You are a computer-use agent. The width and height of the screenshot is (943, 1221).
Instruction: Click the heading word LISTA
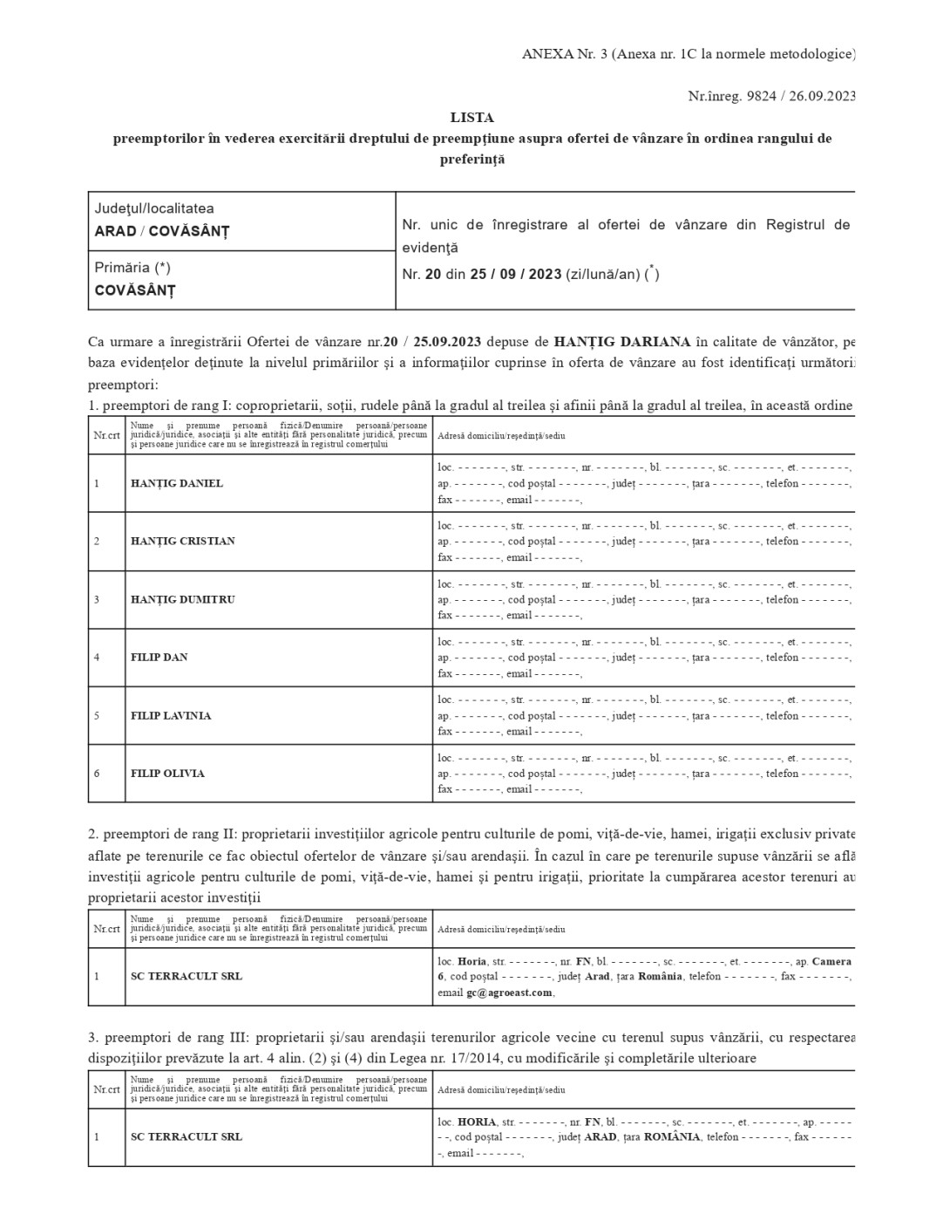click(471, 118)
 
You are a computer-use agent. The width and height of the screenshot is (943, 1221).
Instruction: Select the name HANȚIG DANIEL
click(177, 483)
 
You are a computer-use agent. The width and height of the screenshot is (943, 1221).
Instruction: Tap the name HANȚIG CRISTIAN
click(183, 541)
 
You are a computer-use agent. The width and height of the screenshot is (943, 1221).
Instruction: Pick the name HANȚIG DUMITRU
click(183, 599)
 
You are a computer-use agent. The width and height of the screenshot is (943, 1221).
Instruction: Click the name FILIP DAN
click(159, 657)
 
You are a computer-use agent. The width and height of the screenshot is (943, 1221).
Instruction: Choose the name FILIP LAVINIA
click(171, 715)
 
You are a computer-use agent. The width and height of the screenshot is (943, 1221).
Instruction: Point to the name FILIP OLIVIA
click(167, 774)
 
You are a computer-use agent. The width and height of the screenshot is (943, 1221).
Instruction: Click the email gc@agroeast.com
click(509, 992)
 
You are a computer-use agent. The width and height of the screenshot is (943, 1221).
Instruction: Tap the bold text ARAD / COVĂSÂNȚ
click(162, 231)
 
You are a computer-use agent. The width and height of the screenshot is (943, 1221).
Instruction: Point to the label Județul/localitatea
click(154, 208)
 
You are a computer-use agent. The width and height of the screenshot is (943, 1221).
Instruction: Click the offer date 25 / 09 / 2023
click(516, 275)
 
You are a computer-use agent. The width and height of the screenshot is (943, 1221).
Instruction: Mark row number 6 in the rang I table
click(97, 774)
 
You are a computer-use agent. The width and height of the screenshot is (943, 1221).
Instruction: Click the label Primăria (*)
click(132, 268)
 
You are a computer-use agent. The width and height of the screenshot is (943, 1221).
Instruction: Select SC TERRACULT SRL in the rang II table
click(187, 976)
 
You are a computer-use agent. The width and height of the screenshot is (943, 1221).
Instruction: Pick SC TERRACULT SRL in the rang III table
click(187, 1136)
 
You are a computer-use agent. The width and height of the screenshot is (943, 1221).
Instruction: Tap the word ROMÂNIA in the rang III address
click(672, 1137)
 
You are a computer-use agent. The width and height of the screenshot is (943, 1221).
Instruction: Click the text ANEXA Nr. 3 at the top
click(564, 54)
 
